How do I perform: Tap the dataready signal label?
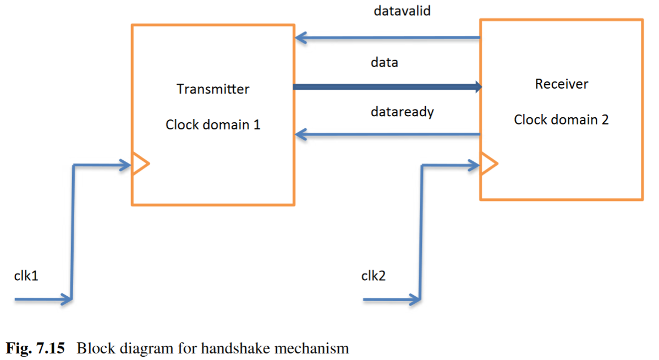[402, 112]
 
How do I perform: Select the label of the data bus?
[384, 62]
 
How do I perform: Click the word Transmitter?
[213, 89]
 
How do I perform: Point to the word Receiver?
[561, 84]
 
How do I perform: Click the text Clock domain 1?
[213, 124]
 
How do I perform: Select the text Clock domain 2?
[561, 119]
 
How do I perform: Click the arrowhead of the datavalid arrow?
[300, 38]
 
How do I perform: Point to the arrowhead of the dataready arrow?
[300, 134]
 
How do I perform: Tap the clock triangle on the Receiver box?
[488, 163]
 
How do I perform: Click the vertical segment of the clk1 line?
[73, 231]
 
